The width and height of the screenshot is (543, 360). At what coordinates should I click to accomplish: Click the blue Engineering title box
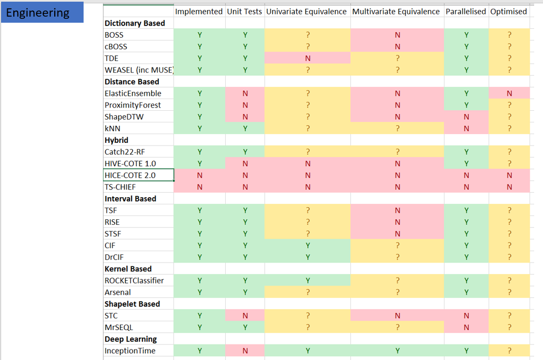click(x=42, y=13)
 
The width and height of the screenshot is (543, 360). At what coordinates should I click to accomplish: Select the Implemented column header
click(x=199, y=11)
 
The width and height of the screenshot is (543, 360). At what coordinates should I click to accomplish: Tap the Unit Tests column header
click(x=245, y=11)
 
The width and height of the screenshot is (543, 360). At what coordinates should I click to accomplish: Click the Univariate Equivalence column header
click(x=307, y=11)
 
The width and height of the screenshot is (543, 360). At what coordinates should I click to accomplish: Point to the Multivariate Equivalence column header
click(x=396, y=11)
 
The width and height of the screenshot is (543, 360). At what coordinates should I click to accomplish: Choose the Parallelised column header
click(x=466, y=11)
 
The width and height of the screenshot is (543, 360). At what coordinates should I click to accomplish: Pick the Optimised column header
click(x=509, y=11)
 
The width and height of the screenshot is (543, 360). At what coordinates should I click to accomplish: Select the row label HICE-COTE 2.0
click(x=131, y=176)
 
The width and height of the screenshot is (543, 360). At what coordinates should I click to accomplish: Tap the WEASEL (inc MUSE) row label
click(x=139, y=70)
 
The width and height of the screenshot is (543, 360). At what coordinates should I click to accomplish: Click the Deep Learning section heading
click(x=131, y=339)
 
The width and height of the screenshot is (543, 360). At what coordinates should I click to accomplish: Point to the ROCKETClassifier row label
click(x=135, y=280)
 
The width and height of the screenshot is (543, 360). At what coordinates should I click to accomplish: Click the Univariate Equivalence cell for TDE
click(x=307, y=58)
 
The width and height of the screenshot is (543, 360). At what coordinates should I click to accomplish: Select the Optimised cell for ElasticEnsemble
click(x=509, y=94)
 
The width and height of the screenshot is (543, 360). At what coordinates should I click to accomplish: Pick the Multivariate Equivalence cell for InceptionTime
click(x=397, y=351)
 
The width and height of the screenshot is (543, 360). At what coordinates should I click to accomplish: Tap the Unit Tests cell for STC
click(x=245, y=316)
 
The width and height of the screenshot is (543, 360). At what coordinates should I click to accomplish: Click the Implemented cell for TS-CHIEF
click(x=199, y=187)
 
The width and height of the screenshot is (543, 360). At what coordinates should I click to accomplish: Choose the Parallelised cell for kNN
click(x=466, y=128)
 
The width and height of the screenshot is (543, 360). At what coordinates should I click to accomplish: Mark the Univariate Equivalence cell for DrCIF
click(x=307, y=257)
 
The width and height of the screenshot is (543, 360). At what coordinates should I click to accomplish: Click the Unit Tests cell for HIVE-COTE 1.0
click(x=245, y=164)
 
